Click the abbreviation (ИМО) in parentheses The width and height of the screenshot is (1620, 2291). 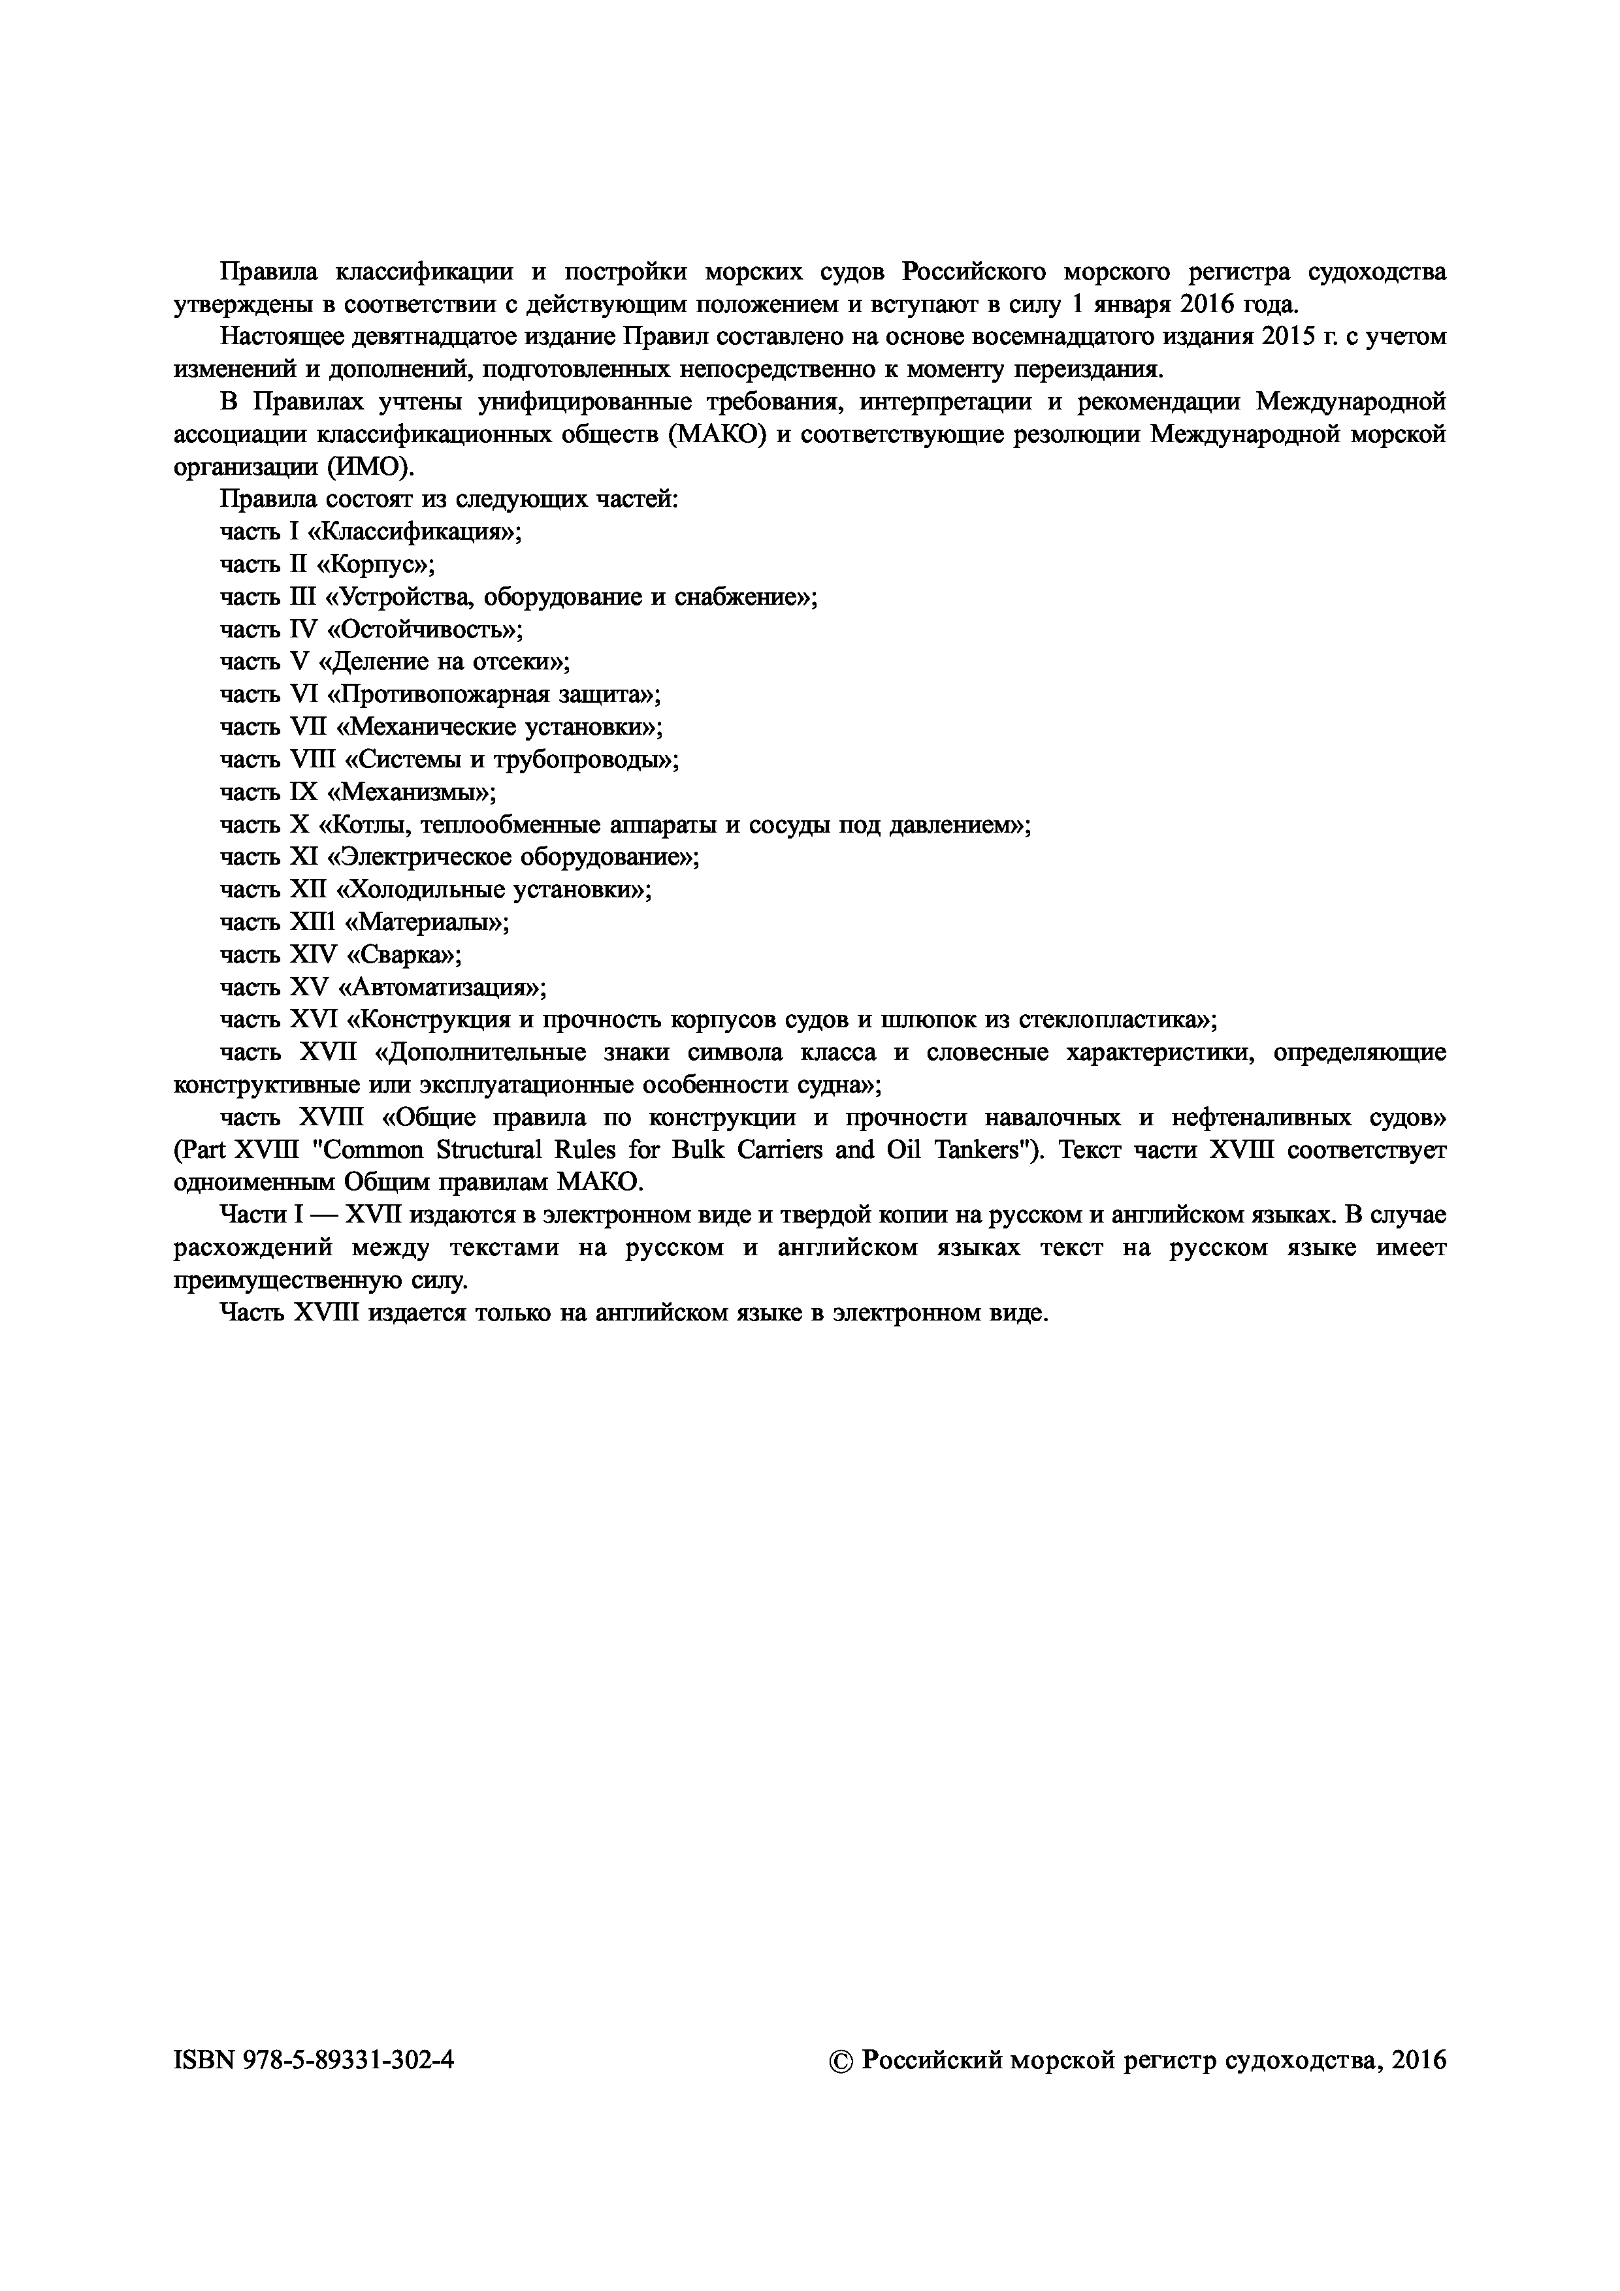click(x=366, y=467)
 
